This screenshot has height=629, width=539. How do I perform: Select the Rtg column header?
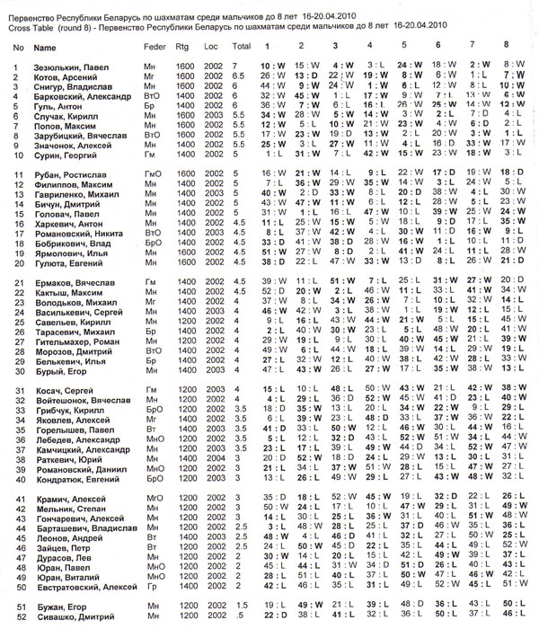181,45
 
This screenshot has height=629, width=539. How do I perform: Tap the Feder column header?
155,45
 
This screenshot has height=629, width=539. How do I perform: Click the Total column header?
240,45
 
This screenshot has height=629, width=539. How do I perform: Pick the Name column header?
44,45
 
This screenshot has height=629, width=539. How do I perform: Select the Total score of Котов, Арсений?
235,78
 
